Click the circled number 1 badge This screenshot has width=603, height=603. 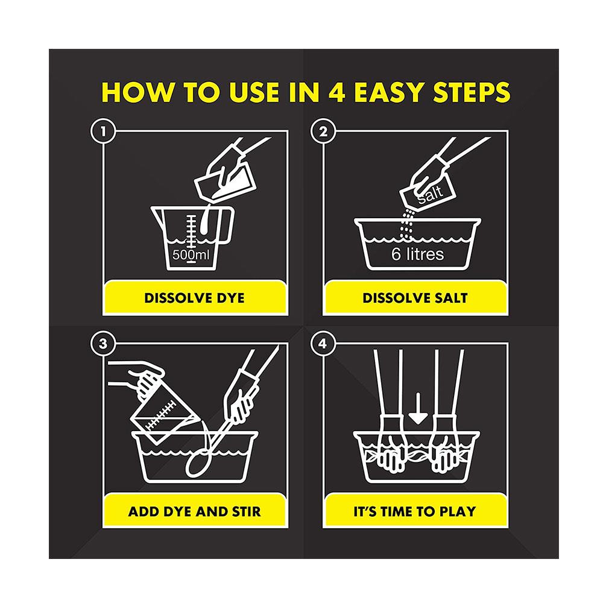point(103,131)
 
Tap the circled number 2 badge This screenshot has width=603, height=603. point(323,131)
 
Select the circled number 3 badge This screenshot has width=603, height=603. point(103,344)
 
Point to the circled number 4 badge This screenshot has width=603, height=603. point(323,344)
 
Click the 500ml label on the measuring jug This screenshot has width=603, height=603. point(191,254)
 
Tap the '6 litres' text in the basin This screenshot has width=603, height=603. point(418,254)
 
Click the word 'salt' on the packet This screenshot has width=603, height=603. point(431,194)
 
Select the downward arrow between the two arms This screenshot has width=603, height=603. point(418,408)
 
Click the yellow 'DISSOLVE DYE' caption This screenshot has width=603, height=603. point(195,298)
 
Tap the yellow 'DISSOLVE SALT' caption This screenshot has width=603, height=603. point(415,298)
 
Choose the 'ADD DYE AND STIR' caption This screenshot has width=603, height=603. point(195,511)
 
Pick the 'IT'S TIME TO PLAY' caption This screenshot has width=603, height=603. point(415,511)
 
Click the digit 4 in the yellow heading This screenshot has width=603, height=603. point(337,92)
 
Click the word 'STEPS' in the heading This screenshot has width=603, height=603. point(472,92)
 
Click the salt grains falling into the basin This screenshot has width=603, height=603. point(406,226)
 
